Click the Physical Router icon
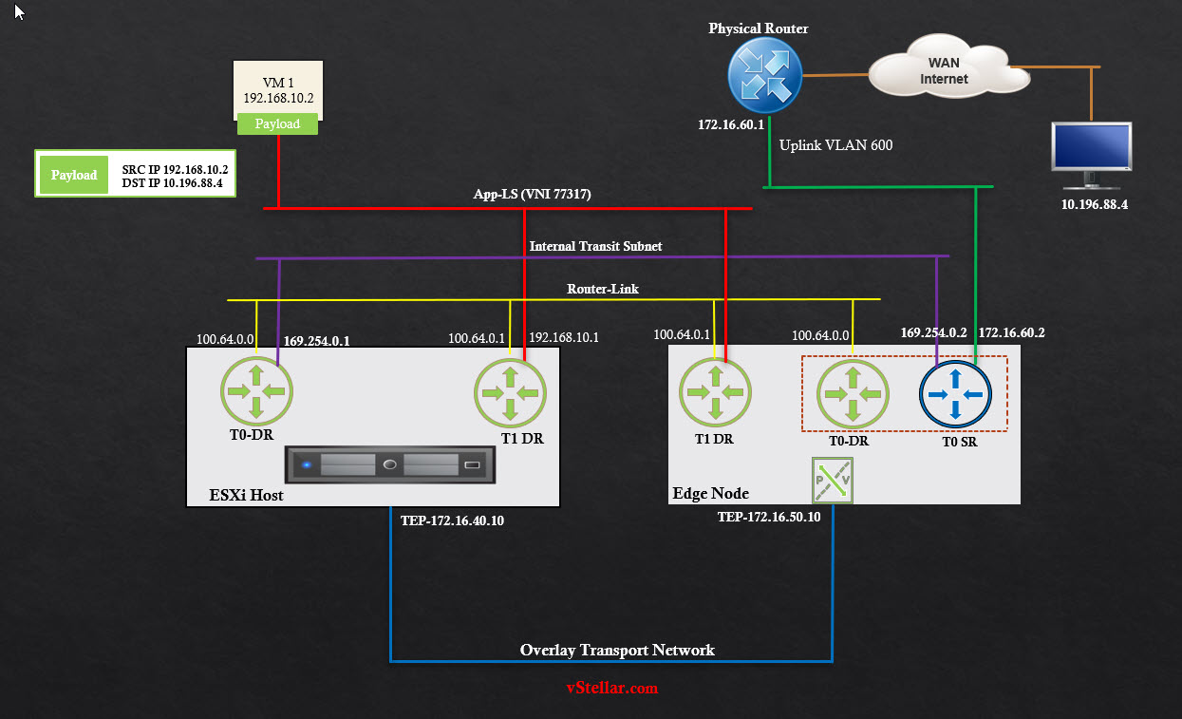point(765,75)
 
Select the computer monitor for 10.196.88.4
point(1091,153)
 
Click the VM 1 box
point(278,89)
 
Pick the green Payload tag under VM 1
point(277,123)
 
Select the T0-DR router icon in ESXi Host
point(257,390)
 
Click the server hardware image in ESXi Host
point(390,464)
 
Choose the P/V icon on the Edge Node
point(833,481)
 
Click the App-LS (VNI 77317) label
point(533,194)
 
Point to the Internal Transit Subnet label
point(595,246)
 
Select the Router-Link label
point(603,289)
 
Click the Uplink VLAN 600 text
point(835,145)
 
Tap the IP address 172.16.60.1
point(731,124)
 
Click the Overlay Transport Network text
point(617,651)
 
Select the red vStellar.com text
point(611,688)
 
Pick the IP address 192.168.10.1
point(564,337)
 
